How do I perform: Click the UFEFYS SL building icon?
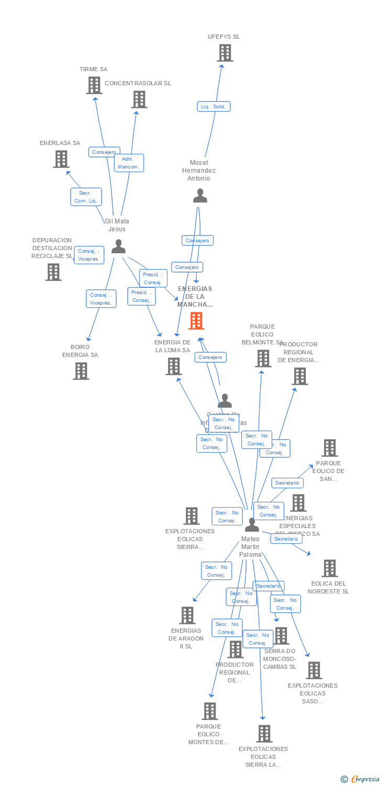(225, 53)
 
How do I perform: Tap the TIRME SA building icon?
(94, 85)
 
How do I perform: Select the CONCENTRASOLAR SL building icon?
(139, 99)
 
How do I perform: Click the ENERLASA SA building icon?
(61, 159)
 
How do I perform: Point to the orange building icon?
(196, 321)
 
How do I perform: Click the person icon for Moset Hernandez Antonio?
(200, 196)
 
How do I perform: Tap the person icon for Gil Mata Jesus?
(119, 246)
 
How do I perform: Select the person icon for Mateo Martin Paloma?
(252, 524)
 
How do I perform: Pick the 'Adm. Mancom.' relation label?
(129, 163)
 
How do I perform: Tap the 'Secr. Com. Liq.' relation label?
(86, 197)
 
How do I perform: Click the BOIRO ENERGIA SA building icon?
(81, 371)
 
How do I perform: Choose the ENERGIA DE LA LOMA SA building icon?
(174, 366)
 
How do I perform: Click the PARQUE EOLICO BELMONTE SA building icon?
(263, 358)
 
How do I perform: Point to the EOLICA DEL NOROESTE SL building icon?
(330, 568)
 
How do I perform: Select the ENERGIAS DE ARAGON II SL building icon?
(187, 615)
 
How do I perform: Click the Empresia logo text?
(365, 779)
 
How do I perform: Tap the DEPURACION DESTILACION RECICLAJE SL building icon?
(53, 272)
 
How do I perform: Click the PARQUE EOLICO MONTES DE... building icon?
(210, 711)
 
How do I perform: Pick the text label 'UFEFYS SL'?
(223, 37)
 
